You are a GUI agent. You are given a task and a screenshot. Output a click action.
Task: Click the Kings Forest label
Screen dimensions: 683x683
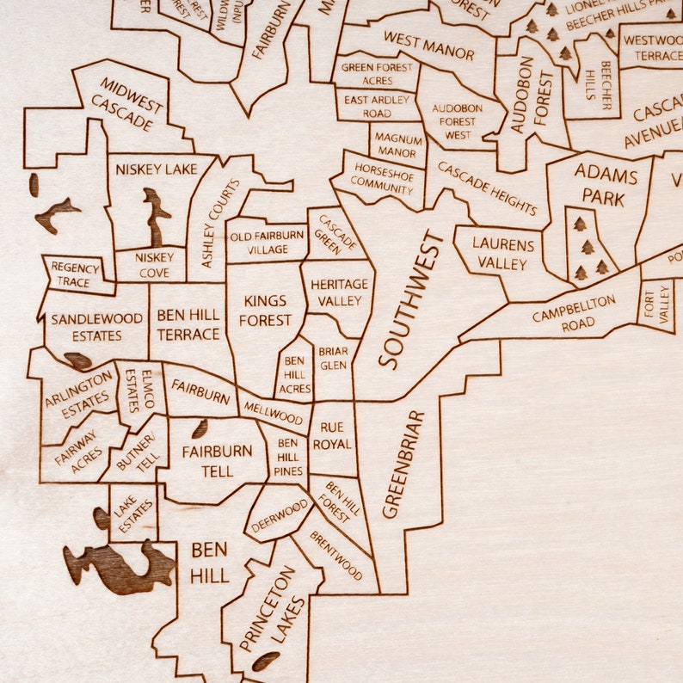click(267, 311)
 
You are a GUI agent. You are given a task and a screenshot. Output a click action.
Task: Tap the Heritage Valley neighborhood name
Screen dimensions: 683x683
click(339, 292)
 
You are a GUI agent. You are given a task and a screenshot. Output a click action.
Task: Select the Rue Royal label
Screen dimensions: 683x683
click(332, 436)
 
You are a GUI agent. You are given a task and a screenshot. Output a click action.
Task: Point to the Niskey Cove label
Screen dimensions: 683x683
click(155, 264)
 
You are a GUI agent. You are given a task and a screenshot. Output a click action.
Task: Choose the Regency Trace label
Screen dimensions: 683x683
click(75, 274)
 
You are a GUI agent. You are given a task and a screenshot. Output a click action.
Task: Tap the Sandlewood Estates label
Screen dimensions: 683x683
click(97, 327)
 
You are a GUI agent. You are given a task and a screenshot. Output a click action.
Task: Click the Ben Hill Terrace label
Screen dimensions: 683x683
click(188, 324)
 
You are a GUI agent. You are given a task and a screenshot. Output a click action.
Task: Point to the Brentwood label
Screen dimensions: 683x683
click(336, 555)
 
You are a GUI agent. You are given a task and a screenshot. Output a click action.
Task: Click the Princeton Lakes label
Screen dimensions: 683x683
click(273, 609)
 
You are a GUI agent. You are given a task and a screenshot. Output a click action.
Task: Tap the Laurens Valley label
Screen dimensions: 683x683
click(503, 254)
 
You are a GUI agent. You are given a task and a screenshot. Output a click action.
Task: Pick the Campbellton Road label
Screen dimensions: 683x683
click(575, 312)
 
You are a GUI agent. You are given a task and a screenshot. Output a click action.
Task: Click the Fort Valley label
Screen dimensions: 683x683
click(657, 307)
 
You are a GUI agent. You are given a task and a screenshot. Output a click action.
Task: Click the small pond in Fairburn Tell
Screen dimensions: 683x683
click(199, 428)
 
